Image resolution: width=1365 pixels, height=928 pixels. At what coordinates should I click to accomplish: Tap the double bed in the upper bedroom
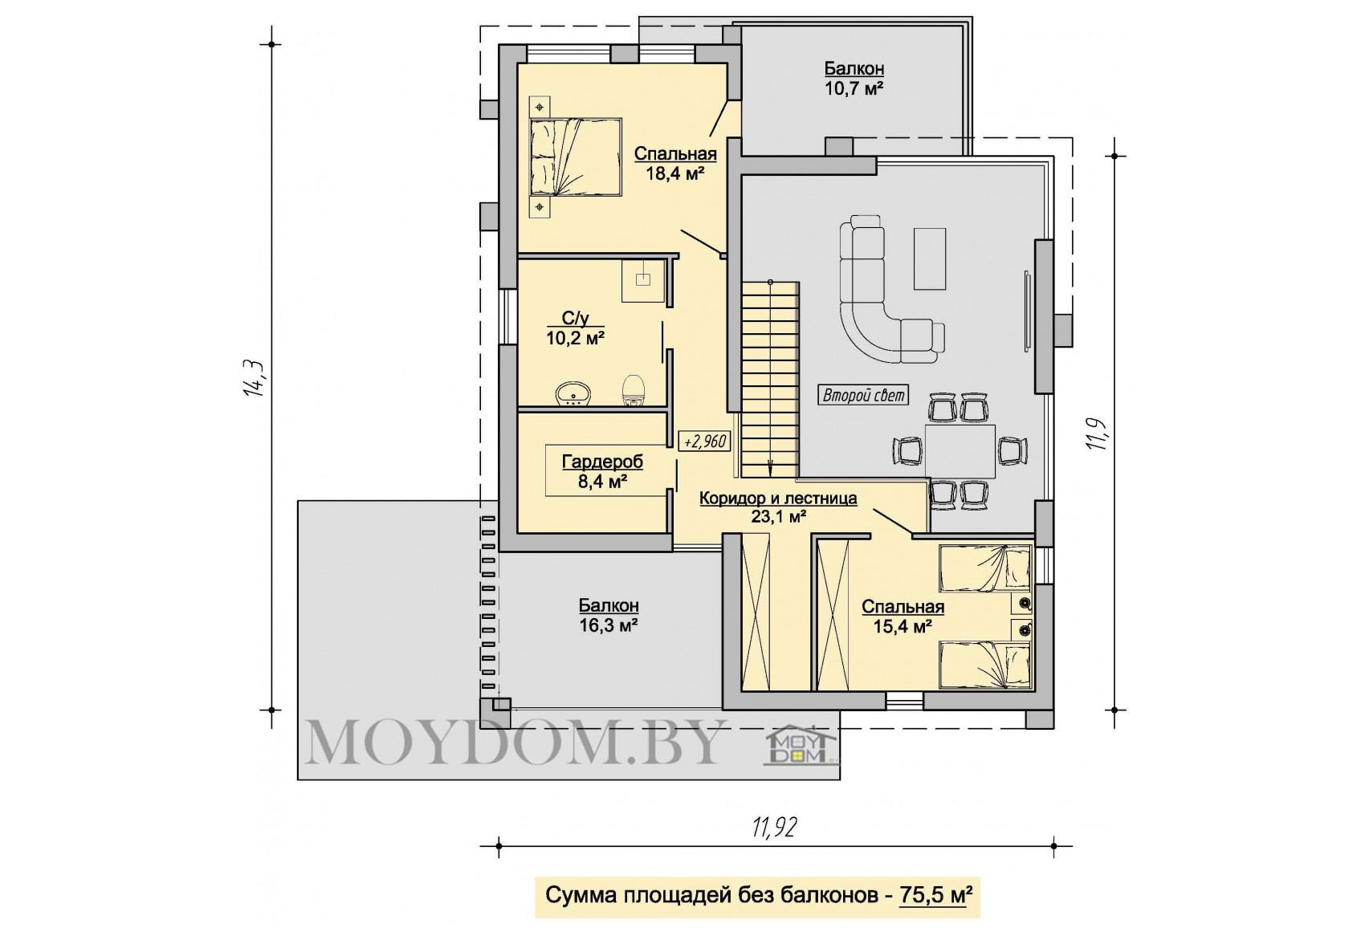[575, 157]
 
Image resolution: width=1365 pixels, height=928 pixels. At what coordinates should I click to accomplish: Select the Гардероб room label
[602, 462]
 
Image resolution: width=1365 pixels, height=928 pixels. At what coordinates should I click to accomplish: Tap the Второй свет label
[863, 396]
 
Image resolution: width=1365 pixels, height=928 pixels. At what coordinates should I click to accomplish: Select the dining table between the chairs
[960, 451]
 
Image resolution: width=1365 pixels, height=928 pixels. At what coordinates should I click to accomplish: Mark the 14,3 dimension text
[254, 379]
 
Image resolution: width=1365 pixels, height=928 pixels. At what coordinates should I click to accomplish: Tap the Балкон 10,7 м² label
[854, 78]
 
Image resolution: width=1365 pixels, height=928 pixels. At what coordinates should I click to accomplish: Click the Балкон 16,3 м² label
[608, 616]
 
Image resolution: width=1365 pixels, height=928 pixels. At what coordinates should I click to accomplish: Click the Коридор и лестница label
[778, 499]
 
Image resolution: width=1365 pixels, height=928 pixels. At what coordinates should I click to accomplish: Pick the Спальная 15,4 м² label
[903, 617]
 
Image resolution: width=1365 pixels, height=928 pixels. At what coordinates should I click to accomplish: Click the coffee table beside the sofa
[929, 258]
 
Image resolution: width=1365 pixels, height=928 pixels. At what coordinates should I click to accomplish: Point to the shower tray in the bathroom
[643, 280]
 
